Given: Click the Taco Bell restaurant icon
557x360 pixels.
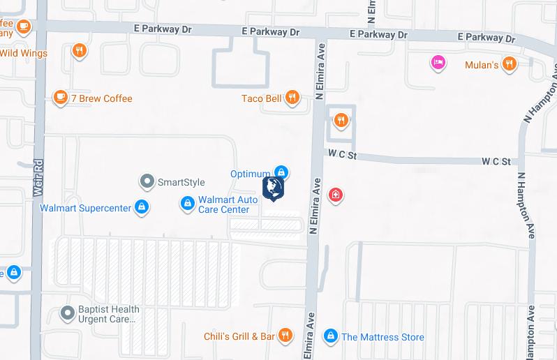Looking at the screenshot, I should coord(292,98).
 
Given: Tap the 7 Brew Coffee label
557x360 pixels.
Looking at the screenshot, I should coord(101,98).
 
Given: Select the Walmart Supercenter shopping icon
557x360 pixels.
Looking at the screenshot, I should coord(142,207).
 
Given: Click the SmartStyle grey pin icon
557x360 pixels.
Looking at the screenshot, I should coord(147,182).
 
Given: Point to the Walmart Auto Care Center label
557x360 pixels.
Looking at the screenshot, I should coord(228,204).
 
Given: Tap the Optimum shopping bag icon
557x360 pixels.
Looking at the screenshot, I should coord(281,172).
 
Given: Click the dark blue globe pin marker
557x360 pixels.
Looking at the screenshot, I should coord(273,188).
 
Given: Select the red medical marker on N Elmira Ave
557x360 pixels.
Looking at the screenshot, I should coord(336,194).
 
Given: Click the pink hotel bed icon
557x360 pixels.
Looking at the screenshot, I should coord(438,63).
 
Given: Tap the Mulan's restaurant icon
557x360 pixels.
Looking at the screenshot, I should coord(510,64).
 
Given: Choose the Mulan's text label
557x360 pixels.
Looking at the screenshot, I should coord(482,66).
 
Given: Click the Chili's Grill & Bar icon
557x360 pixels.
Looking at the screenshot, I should coord(285,336).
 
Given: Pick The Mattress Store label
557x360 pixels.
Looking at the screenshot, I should coord(383,337).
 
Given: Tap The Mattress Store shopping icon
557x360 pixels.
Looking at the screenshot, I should coord(331,336).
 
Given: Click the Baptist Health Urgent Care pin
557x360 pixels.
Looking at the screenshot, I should coord(68,313).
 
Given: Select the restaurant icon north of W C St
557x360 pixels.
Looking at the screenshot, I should coord(341,121).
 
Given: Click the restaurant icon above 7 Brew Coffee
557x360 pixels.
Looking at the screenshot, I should coord(80,50).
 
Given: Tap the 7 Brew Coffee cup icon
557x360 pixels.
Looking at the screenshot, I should coord(61,97).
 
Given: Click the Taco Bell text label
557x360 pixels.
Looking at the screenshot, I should coord(262,98).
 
